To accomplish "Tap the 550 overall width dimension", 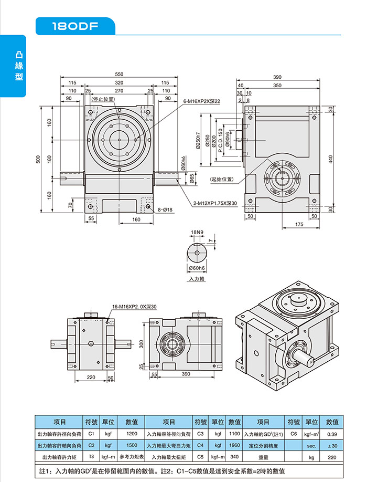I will [x=119, y=75].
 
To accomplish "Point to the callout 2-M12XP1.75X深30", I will [x=215, y=203].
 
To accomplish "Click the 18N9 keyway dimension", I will [x=197, y=232].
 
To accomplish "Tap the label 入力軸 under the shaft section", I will [x=197, y=279].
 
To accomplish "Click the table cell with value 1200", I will [x=132, y=434].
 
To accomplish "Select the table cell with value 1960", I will [x=234, y=445].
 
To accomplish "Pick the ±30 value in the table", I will [x=332, y=445].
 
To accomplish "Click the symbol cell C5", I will [x=200, y=457].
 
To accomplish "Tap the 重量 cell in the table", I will [x=263, y=457].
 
